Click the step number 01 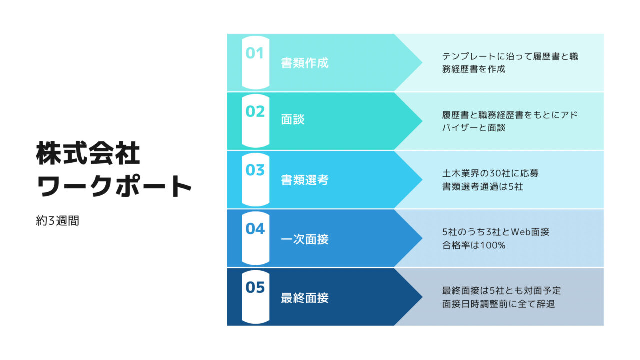(254, 53)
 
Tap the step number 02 (255, 111)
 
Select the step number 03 (255, 170)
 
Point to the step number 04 (255, 229)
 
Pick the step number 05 (255, 287)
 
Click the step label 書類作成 (305, 63)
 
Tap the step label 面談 (293, 119)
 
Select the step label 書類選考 (305, 180)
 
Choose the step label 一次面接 (305, 239)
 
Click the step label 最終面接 (305, 298)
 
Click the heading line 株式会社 (88, 153)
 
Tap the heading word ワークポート (114, 186)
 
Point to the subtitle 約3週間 (57, 221)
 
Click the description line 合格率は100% (474, 245)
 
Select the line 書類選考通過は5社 (483, 187)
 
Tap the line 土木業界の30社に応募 (490, 173)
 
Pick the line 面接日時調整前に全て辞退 (498, 304)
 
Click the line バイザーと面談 (474, 127)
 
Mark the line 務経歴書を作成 (474, 69)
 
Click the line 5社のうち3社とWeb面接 (496, 232)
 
